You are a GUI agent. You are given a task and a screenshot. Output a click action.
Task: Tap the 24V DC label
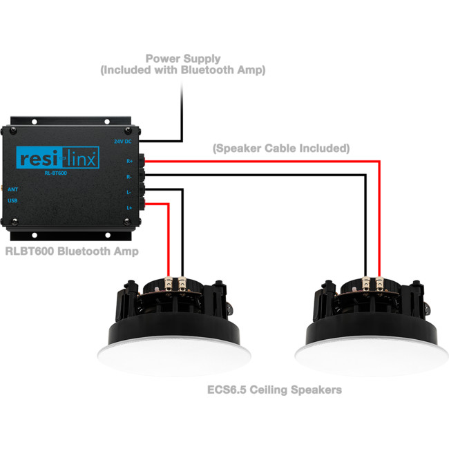(122, 141)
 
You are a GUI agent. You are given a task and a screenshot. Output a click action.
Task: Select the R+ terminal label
(129, 161)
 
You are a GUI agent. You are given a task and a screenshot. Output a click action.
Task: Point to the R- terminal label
(129, 177)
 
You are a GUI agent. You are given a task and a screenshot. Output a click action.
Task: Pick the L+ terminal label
(129, 207)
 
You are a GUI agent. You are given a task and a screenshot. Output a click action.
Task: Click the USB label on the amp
(13, 201)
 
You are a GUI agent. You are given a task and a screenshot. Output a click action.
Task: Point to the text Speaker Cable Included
(280, 148)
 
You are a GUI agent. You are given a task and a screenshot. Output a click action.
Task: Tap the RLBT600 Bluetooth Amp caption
(71, 251)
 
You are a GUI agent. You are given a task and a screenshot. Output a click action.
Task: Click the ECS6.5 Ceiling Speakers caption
(274, 390)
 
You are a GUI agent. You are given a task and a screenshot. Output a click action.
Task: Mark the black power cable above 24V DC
(182, 104)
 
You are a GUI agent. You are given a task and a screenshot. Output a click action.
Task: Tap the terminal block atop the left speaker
(175, 283)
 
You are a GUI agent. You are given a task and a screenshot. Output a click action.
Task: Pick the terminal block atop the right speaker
(372, 283)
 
